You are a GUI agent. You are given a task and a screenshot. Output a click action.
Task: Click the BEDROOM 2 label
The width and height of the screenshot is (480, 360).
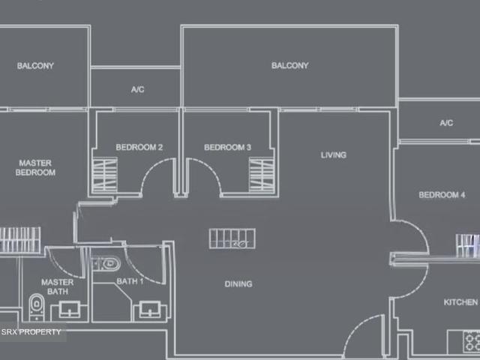point(139,147)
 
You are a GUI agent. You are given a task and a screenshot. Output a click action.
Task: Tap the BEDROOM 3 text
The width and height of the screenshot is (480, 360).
point(227,147)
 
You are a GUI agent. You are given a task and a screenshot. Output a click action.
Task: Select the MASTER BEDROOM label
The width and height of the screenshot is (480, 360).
point(35,167)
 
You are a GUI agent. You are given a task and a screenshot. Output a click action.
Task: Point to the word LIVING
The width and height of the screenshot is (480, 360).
point(333,155)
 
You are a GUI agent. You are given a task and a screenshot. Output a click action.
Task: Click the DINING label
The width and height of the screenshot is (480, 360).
point(238,284)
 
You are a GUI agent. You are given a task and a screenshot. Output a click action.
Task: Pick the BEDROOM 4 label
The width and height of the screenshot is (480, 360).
point(442,195)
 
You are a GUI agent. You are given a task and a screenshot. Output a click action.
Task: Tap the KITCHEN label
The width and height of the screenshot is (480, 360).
point(460,302)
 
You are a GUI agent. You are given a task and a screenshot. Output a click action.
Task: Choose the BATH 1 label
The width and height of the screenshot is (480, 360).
point(130,281)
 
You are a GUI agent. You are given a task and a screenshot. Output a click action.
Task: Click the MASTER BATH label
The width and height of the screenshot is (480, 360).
point(58,286)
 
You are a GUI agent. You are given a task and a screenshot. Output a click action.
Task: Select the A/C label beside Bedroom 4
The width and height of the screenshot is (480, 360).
point(446,123)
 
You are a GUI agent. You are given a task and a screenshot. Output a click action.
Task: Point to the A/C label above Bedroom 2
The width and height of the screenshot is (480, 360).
point(137,90)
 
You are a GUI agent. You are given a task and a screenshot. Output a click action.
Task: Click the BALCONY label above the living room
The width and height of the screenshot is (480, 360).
point(290,65)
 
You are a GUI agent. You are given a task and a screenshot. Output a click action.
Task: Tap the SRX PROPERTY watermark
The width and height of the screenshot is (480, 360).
point(31,331)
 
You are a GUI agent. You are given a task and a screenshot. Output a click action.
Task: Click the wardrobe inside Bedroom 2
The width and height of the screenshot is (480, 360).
point(105,175)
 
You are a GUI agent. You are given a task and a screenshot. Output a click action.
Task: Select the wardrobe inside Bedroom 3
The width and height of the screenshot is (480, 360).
point(262,175)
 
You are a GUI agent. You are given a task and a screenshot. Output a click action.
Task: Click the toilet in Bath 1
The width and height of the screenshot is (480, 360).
point(107,264)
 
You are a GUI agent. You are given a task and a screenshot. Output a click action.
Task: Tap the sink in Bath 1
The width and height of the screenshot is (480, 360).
point(150,310)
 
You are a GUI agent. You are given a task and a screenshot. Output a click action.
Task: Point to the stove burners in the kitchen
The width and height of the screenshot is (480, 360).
point(472,342)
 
